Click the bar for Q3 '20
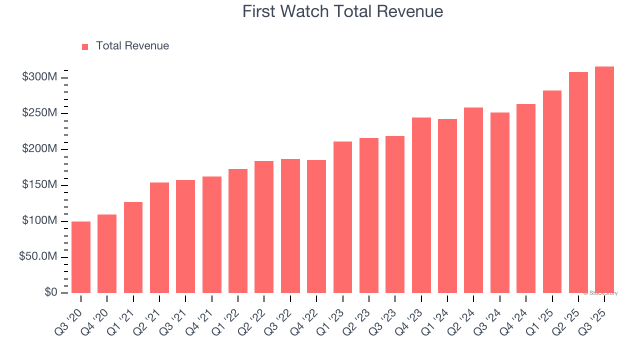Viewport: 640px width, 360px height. tap(81, 257)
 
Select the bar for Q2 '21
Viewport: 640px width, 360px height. tap(159, 237)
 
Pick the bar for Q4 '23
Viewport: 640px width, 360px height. tap(421, 205)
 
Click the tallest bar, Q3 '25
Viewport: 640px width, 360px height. tap(604, 179)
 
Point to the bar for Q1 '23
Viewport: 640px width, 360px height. tap(342, 217)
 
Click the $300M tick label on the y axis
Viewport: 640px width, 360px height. tap(39, 77)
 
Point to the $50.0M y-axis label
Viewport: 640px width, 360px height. tap(38, 257)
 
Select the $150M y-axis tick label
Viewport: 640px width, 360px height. tap(39, 185)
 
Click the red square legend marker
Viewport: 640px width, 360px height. tap(85, 46)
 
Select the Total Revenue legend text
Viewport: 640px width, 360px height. tap(132, 46)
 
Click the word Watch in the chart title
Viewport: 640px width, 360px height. tap(305, 11)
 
